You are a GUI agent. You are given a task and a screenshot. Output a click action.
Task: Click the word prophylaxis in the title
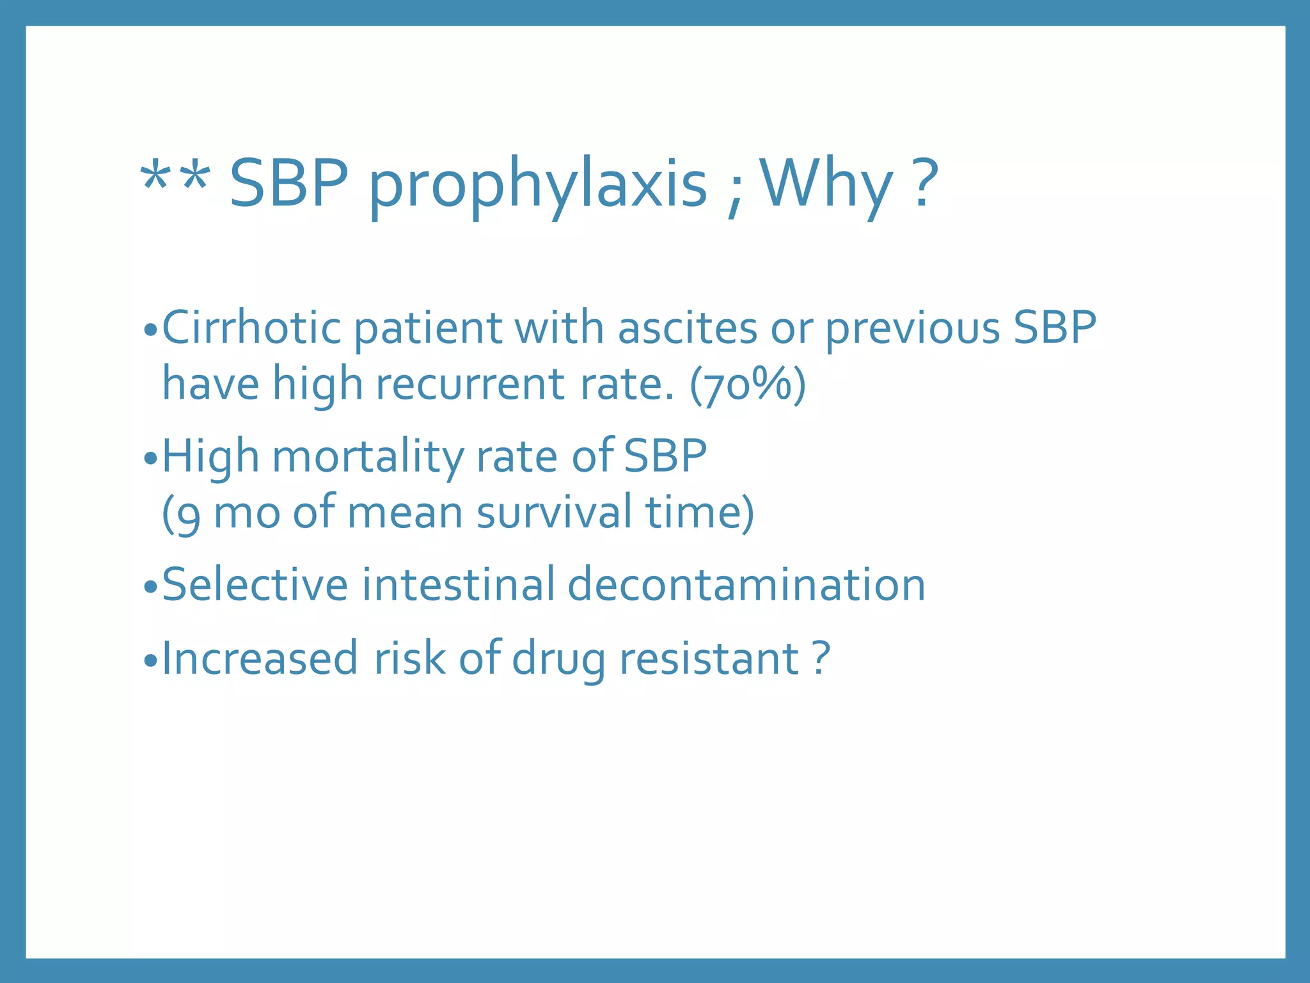click(x=538, y=186)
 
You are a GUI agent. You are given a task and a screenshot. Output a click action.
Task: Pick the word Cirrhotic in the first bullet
click(x=251, y=328)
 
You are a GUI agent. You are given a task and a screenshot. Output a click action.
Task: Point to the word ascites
click(x=688, y=328)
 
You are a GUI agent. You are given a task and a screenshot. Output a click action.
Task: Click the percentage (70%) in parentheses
click(x=748, y=385)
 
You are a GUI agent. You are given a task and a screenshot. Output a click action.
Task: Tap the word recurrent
click(x=470, y=384)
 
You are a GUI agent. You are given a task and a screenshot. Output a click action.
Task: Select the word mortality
click(x=368, y=457)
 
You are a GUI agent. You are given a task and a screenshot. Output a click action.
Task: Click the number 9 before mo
click(x=188, y=516)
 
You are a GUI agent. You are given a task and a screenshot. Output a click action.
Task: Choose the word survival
click(x=554, y=513)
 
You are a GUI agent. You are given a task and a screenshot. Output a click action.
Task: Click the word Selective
click(x=255, y=585)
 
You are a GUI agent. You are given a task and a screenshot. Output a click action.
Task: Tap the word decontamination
click(x=746, y=585)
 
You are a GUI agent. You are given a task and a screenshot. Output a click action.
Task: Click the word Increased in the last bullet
click(x=259, y=658)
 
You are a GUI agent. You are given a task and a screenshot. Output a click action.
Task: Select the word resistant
click(x=709, y=658)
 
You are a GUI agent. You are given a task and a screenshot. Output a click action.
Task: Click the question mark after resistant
click(x=821, y=657)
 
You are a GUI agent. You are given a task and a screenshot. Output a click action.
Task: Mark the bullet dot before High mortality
click(x=150, y=459)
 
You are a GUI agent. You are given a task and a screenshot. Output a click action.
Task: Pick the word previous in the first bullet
click(x=912, y=329)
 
